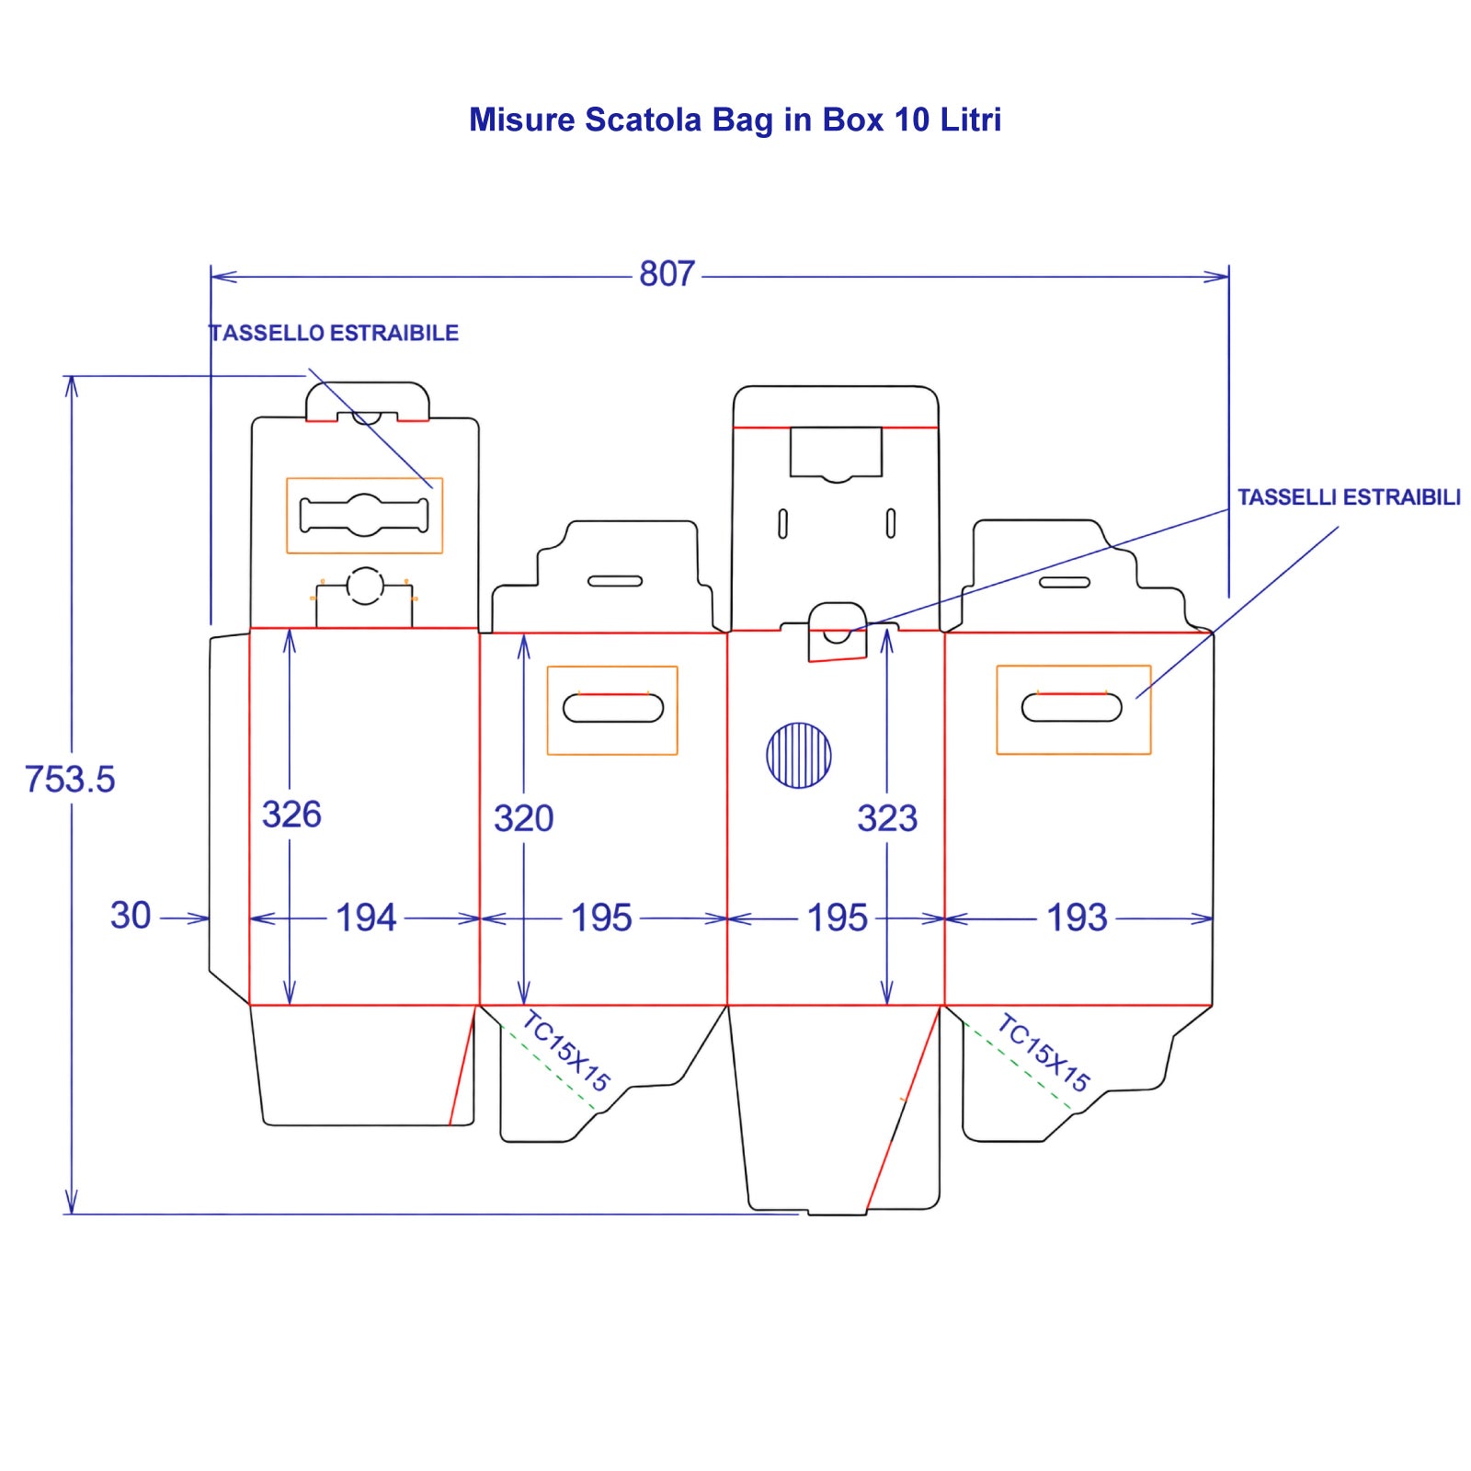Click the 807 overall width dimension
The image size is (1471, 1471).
(x=667, y=274)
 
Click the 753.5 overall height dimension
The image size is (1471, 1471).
(x=70, y=780)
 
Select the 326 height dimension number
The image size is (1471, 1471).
(x=291, y=815)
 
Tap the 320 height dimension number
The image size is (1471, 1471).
(x=523, y=818)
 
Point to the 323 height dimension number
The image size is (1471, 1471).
(x=887, y=818)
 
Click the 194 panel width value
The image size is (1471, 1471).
(x=366, y=918)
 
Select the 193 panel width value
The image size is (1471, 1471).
(x=1078, y=918)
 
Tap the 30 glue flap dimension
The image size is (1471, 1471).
(x=131, y=916)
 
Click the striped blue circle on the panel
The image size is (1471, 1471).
(x=799, y=755)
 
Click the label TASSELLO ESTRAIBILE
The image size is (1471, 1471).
(x=334, y=333)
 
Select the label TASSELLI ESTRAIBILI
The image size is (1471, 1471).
(x=1349, y=497)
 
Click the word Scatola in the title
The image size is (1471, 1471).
(x=643, y=120)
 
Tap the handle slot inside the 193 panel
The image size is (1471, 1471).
(x=1072, y=708)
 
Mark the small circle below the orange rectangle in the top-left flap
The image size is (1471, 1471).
(x=364, y=586)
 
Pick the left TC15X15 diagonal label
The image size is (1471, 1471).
(x=565, y=1051)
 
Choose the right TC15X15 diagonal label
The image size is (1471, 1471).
(x=1043, y=1052)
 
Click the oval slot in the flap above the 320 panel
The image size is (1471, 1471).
(x=615, y=581)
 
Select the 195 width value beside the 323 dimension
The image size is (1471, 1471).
(x=837, y=918)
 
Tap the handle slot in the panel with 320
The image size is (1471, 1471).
(x=613, y=709)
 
